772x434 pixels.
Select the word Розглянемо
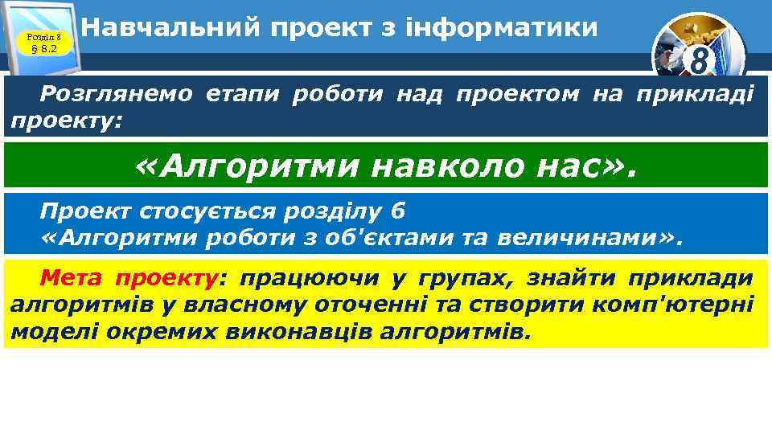[117, 95]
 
